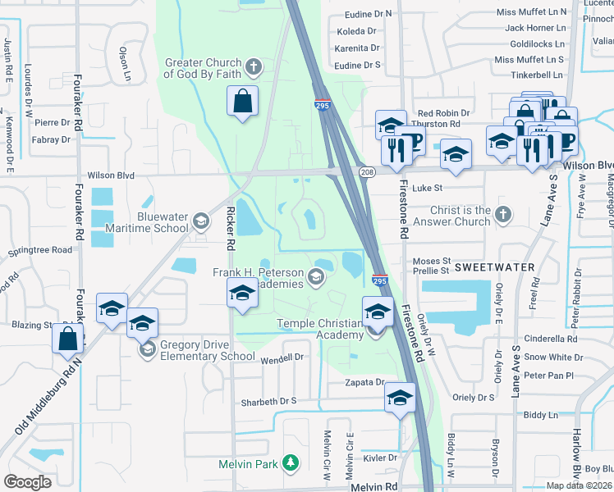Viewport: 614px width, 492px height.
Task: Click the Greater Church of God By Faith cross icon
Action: [x=254, y=66]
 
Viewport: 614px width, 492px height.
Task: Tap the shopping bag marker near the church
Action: [x=242, y=102]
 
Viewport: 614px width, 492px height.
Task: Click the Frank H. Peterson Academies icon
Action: [x=316, y=279]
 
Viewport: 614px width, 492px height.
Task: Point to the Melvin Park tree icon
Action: [x=289, y=463]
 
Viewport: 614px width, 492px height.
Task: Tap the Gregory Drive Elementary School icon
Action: [x=148, y=350]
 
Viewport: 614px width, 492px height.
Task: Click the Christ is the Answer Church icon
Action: [x=504, y=215]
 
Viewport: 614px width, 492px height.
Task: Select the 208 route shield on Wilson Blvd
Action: [x=367, y=171]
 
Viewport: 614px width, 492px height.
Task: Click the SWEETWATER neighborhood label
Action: [x=494, y=267]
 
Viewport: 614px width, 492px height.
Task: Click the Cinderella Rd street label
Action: [x=551, y=338]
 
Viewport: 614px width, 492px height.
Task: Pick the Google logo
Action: [x=28, y=482]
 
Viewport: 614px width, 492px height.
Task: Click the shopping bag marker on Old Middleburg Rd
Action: [x=68, y=338]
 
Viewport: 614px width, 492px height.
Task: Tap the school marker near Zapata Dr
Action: [x=400, y=399]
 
